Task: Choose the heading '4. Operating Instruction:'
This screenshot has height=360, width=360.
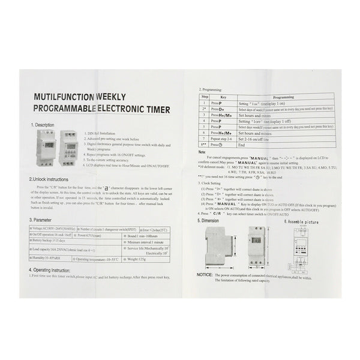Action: (x=59, y=270)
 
